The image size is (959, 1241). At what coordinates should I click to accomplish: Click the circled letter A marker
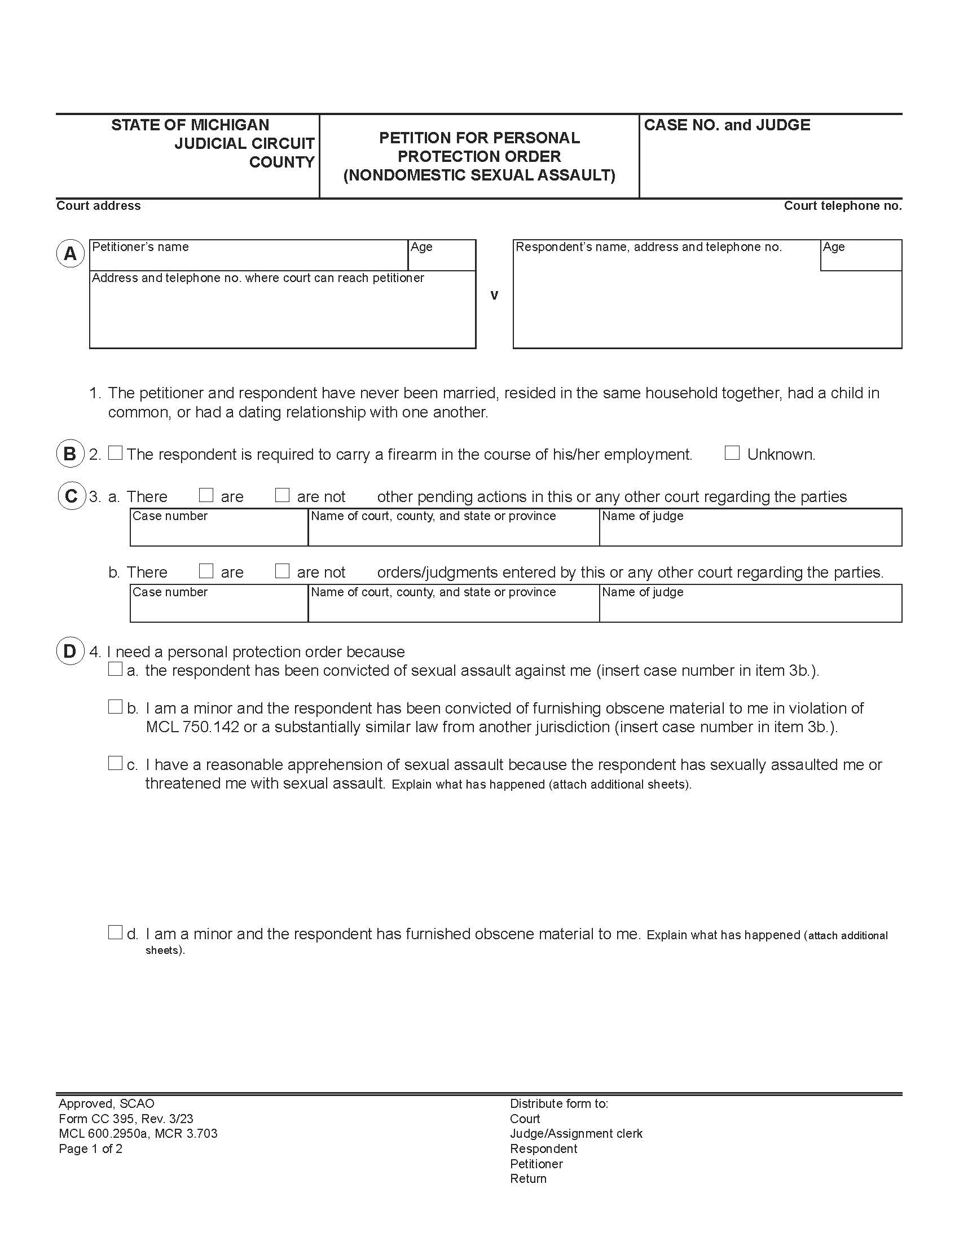(x=71, y=253)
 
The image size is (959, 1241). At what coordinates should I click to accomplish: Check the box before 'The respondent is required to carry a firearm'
(x=115, y=453)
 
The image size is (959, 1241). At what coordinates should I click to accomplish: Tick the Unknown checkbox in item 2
(x=732, y=453)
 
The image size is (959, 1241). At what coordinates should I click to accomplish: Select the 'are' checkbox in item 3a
(x=206, y=495)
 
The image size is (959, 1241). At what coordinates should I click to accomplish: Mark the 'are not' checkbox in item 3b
(x=283, y=571)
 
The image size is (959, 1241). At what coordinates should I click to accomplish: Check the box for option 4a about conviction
(x=115, y=669)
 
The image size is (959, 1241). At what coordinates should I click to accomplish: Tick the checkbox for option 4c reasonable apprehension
(x=115, y=763)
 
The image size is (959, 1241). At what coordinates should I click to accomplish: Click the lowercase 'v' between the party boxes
(x=494, y=295)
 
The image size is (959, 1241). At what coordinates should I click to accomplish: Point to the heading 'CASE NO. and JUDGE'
(x=727, y=125)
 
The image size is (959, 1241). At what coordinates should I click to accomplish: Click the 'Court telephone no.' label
(x=843, y=206)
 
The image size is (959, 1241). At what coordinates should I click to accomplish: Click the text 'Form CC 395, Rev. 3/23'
(x=126, y=1119)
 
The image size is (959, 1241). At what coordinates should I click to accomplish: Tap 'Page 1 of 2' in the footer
(x=90, y=1148)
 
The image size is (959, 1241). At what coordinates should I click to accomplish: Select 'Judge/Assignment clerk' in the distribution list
(x=576, y=1134)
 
